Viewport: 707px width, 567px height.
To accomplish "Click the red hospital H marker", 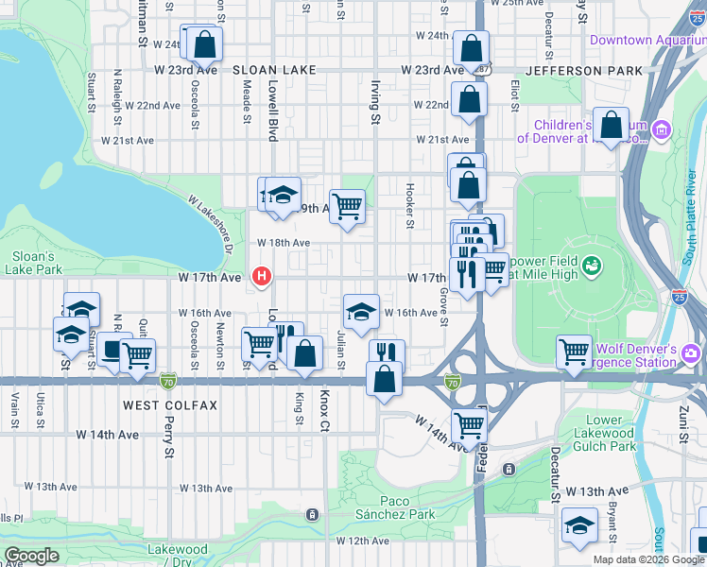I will [x=262, y=277].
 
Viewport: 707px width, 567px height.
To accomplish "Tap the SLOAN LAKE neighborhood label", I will [x=273, y=71].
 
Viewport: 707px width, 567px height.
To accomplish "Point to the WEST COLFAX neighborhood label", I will [x=170, y=405].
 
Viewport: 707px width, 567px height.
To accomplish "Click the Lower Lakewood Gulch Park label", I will [x=624, y=433].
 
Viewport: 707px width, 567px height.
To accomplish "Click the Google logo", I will [x=31, y=555].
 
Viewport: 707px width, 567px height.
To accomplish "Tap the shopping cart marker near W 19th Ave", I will [x=347, y=205].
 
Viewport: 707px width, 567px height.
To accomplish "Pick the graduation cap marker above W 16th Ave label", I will [x=360, y=312].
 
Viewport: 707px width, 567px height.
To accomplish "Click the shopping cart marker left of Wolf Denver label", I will [x=575, y=352].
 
